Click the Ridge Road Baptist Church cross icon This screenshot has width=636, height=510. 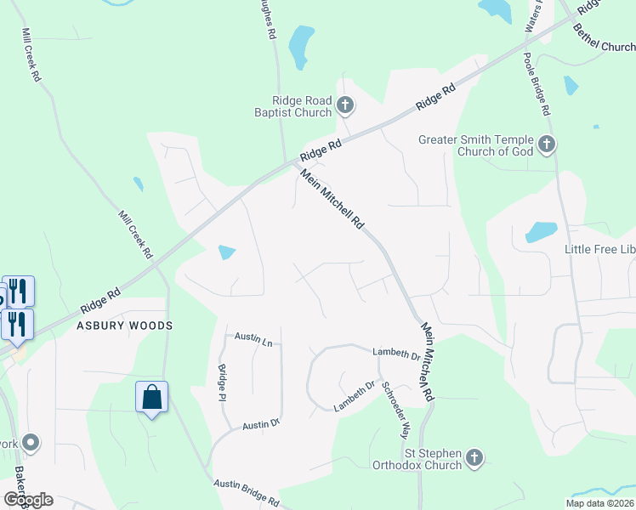coord(345,106)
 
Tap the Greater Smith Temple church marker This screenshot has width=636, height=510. coord(547,145)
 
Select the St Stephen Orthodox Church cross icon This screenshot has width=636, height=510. coord(474,459)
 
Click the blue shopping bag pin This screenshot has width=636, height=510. coord(151,397)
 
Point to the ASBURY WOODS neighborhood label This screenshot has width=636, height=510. coord(125,326)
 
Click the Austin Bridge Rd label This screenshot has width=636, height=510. coord(246,490)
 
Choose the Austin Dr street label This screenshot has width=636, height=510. coord(261,424)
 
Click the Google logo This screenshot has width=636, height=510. coord(28,499)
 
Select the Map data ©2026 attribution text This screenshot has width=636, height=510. coord(599,503)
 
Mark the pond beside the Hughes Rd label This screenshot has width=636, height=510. coord(299,46)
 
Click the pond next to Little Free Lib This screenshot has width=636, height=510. coord(541,231)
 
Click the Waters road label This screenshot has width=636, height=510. coord(532,17)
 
